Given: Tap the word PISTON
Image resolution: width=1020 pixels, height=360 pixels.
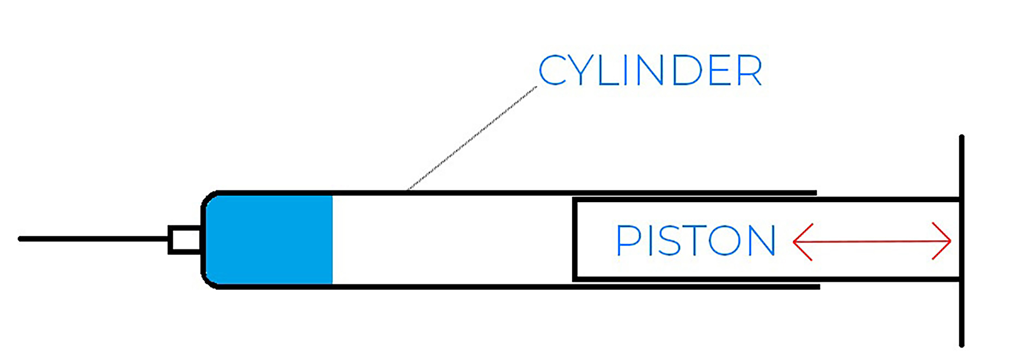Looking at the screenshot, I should pyautogui.click(x=695, y=240).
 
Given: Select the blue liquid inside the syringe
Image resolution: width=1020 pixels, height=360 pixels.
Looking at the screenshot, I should pyautogui.click(x=268, y=240).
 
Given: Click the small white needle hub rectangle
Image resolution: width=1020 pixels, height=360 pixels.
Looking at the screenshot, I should pyautogui.click(x=184, y=240).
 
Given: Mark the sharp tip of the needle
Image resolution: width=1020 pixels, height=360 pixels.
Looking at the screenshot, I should pyautogui.click(x=20, y=239).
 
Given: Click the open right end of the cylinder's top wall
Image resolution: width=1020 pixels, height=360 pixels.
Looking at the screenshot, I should pyautogui.click(x=815, y=193).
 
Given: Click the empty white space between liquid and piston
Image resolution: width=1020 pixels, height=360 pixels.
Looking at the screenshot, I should pyautogui.click(x=451, y=240).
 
